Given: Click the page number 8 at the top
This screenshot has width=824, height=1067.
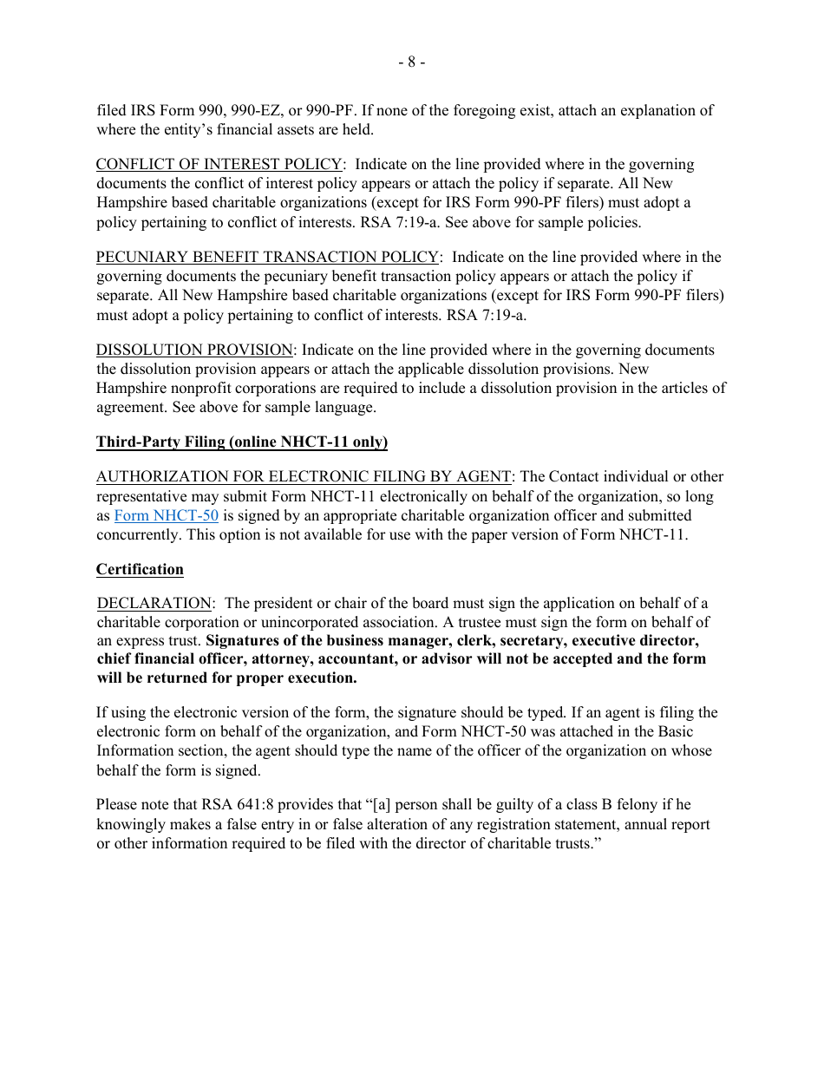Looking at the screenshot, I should (412, 62).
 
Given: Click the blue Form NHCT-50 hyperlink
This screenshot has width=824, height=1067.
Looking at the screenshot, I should (166, 516).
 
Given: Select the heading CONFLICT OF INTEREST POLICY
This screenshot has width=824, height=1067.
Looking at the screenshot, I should (219, 164).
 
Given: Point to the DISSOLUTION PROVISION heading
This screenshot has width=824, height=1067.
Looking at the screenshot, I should (194, 350).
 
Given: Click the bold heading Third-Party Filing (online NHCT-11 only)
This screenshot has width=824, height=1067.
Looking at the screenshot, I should (241, 442).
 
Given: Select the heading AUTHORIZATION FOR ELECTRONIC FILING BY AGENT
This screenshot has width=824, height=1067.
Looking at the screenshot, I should (304, 476).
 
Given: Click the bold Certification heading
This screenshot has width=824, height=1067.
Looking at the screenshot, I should (140, 569).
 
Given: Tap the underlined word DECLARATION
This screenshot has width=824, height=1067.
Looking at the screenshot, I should (154, 603).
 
